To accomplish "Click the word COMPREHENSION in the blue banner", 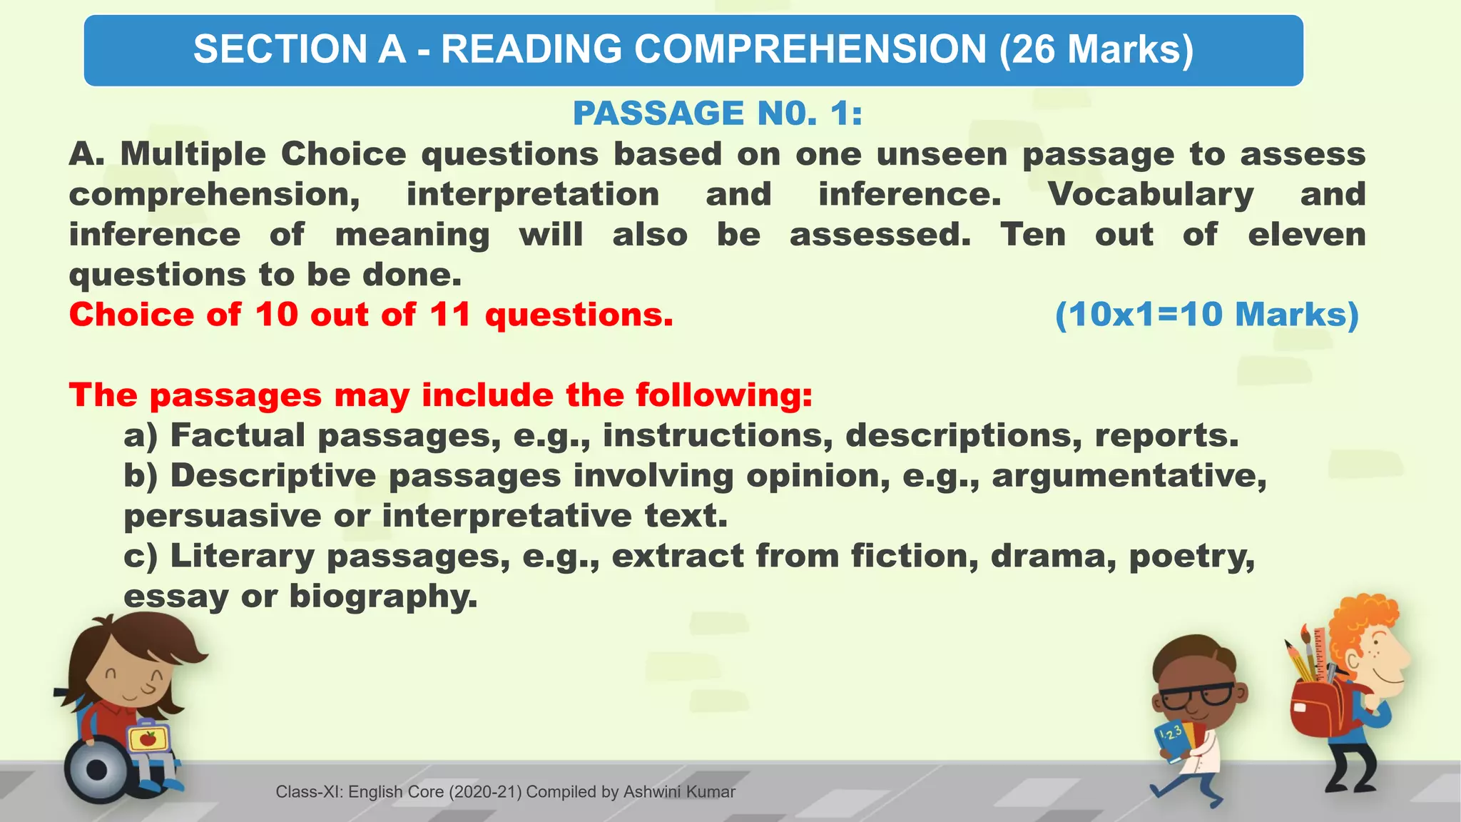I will (x=810, y=49).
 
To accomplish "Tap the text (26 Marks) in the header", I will (x=1096, y=49).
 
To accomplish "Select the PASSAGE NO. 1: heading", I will (x=718, y=113).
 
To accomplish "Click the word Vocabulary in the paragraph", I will (x=1151, y=194).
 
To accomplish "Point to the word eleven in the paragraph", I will (x=1306, y=234).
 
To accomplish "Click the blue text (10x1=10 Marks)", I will (x=1206, y=315).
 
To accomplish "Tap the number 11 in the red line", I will (x=450, y=315).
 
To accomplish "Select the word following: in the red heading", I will (x=724, y=395).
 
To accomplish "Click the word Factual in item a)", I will (x=238, y=435).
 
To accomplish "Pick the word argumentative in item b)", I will (x=1129, y=475).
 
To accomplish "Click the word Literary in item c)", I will (x=242, y=556).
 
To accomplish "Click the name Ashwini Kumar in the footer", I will (x=678, y=792).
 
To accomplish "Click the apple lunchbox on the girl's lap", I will (x=148, y=739).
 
